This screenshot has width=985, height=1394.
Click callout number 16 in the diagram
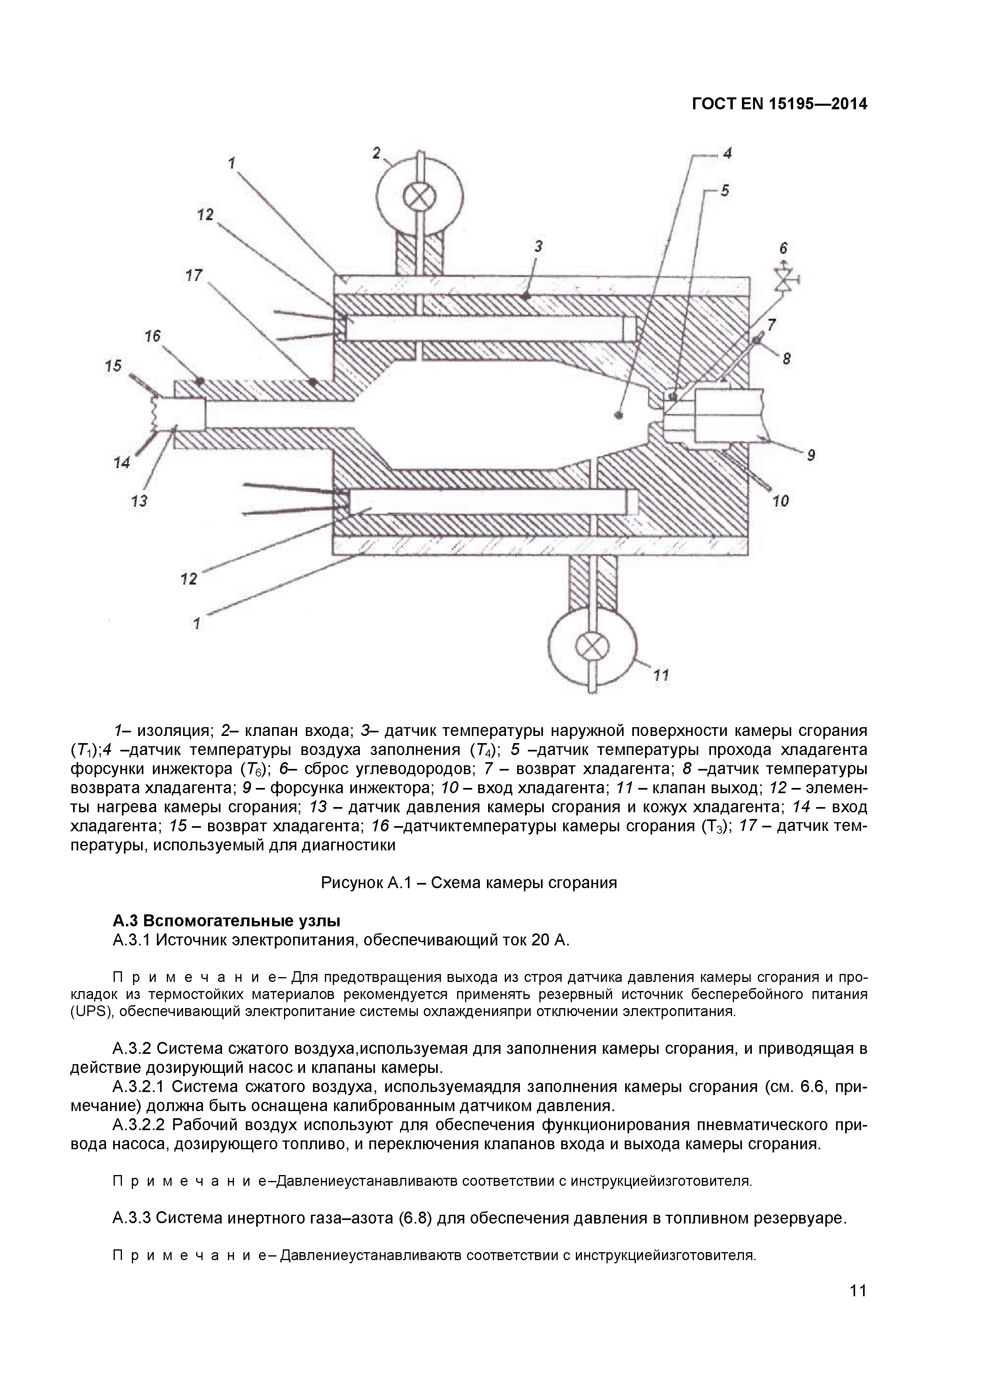point(153,336)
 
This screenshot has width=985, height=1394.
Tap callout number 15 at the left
point(113,366)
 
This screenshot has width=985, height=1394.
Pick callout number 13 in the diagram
point(139,501)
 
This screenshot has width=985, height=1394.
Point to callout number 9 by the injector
point(811,454)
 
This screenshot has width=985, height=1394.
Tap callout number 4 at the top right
point(726,153)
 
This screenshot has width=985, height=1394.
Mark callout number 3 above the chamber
point(538,246)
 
